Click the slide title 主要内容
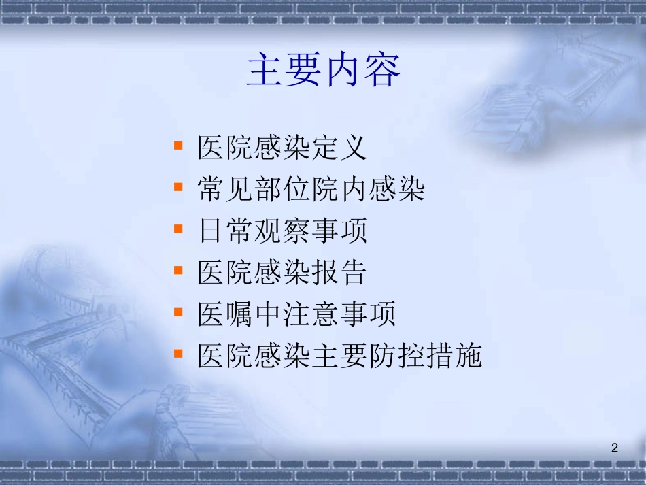[x=323, y=71]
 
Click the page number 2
[x=615, y=448]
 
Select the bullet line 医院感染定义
[x=282, y=148]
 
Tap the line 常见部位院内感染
[x=311, y=190]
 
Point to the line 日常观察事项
[x=282, y=231]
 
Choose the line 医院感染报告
[x=282, y=273]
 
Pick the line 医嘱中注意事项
[x=296, y=314]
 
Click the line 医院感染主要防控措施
[x=339, y=356]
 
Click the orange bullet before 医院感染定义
[x=178, y=145]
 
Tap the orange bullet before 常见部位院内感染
[x=178, y=186]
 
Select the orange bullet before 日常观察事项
[x=178, y=229]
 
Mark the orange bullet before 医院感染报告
[x=178, y=270]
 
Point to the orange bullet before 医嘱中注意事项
[x=178, y=312]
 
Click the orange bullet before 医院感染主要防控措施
[x=178, y=353]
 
